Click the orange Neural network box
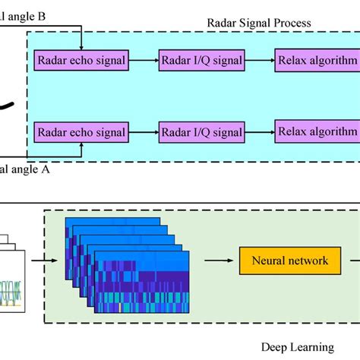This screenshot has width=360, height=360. (x=284, y=261)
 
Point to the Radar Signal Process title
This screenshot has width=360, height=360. (x=259, y=23)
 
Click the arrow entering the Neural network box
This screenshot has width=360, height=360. (x=219, y=261)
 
